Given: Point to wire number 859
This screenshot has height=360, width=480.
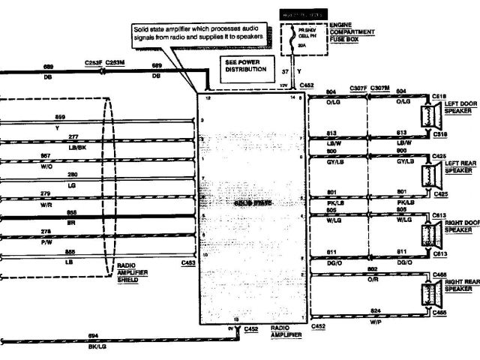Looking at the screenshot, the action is click(x=61, y=117).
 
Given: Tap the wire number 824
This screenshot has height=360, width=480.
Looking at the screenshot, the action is click(x=374, y=308).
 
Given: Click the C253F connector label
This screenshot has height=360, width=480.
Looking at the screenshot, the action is click(x=93, y=63).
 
